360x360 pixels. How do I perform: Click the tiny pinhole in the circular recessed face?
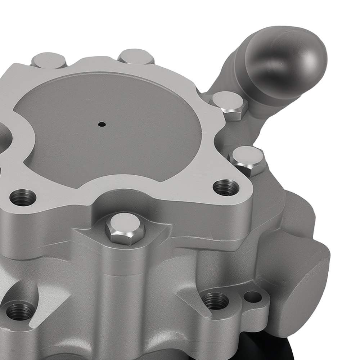point(102,125)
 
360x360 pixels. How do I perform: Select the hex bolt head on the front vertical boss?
point(125,228)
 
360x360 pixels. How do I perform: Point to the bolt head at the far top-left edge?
point(49,60)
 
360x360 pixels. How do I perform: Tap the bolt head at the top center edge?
point(136,57)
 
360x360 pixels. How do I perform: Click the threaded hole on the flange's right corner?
point(226,187)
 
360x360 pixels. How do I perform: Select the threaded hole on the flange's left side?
point(23,197)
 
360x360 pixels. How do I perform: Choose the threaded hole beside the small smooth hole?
point(215,301)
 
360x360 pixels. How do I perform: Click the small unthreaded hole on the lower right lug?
point(252,297)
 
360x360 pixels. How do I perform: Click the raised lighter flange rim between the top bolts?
point(94,65)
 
